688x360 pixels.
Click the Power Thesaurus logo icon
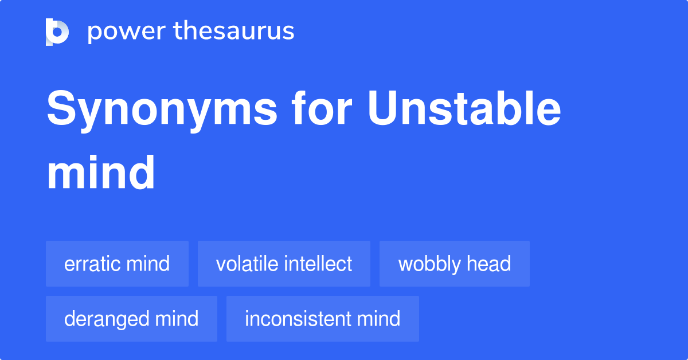pyautogui.click(x=57, y=32)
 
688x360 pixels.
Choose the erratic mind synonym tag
pyautogui.click(x=117, y=264)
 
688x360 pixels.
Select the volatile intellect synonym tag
pyautogui.click(x=284, y=264)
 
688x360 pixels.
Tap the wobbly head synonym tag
pyautogui.click(x=454, y=264)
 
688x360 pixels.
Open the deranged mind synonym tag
pyautogui.click(x=131, y=319)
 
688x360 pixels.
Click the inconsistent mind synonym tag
pyautogui.click(x=322, y=319)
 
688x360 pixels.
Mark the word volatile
pyautogui.click(x=247, y=264)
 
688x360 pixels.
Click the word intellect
pyautogui.click(x=318, y=264)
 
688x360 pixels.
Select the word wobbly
pyautogui.click(x=429, y=264)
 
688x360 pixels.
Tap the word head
pyautogui.click(x=488, y=264)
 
